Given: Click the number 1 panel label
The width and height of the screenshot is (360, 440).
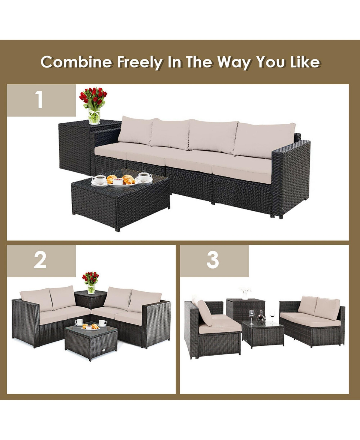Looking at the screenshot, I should tap(39, 100).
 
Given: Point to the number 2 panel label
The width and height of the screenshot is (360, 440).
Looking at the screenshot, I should tap(40, 260).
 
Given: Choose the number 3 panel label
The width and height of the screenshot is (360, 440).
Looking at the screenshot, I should tap(213, 260).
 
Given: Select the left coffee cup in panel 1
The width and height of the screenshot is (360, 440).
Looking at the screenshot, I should tap(99, 179).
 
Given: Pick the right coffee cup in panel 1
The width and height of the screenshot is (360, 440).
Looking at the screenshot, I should tap(145, 177).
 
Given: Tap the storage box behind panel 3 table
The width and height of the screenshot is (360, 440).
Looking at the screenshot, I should tap(245, 309).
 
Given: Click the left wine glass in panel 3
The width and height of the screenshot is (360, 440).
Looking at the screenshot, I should tap(251, 317).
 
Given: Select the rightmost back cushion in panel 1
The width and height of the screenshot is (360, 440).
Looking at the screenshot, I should tap(264, 139).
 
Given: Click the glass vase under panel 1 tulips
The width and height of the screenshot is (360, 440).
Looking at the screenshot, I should tap(94, 117).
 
